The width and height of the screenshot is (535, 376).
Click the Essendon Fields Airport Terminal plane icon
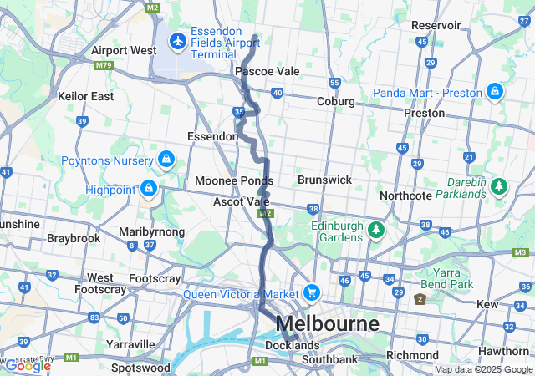click(x=177, y=40)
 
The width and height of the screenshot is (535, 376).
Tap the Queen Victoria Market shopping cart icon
click(x=312, y=292)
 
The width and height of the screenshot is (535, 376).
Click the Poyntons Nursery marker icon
click(x=167, y=160)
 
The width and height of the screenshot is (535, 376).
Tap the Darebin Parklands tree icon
click(x=499, y=185)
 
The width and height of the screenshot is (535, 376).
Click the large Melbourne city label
click(x=327, y=323)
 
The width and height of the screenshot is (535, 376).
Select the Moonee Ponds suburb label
click(x=234, y=180)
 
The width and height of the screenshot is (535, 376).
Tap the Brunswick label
click(x=324, y=180)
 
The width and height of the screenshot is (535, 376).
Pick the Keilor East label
click(x=85, y=96)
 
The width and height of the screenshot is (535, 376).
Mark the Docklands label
click(x=292, y=345)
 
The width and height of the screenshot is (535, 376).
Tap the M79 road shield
click(x=104, y=65)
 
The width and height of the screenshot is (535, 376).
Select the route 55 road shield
click(x=334, y=83)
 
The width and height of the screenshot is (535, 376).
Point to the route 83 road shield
click(x=94, y=318)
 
